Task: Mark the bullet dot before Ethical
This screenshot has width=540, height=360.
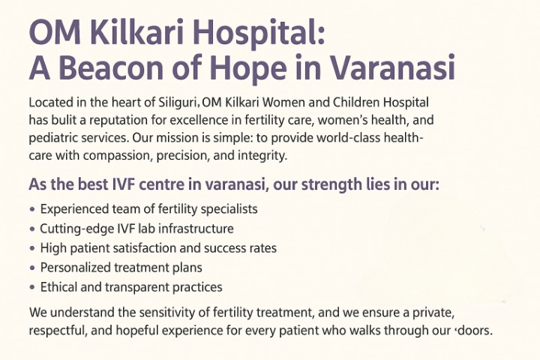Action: [x=32, y=287]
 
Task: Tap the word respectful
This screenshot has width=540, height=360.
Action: [x=56, y=331]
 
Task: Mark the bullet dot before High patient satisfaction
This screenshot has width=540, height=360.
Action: [x=32, y=248]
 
